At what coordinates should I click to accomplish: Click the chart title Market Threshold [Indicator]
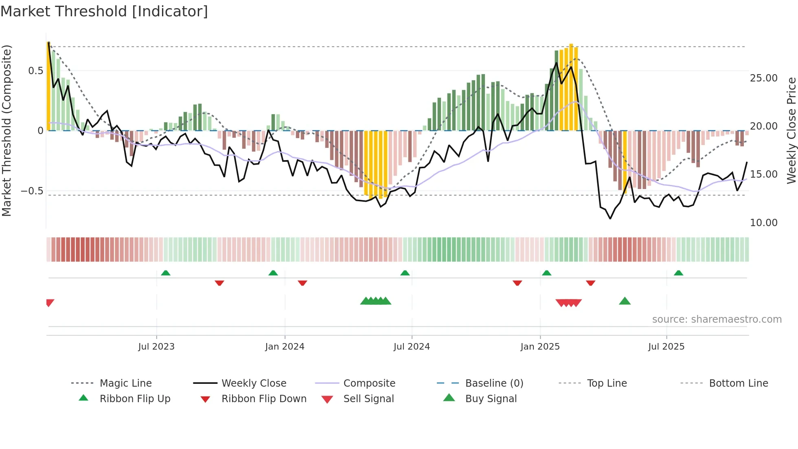pos(104,11)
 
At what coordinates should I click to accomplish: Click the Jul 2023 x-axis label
pos(156,347)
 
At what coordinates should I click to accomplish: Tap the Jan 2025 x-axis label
pos(540,347)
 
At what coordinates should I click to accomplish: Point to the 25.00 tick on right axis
pos(763,78)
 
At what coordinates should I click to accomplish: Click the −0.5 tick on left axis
pos(32,191)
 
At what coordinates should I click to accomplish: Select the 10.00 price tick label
pos(763,223)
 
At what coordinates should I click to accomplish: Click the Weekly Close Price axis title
pos(791,130)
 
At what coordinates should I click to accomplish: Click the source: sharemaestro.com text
pos(717,319)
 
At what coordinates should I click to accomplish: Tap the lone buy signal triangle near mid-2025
pos(625,302)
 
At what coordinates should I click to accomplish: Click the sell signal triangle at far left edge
pos(50,302)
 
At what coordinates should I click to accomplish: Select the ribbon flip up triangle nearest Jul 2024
pos(405,273)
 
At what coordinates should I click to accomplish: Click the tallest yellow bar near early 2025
pos(571,86)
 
